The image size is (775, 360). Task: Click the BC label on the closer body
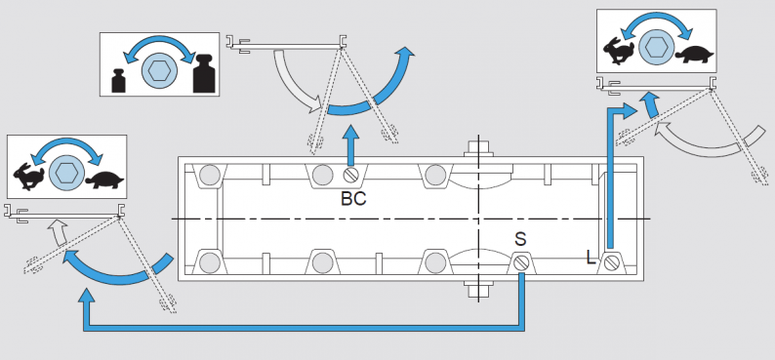click(x=353, y=198)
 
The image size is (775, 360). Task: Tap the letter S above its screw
click(x=520, y=239)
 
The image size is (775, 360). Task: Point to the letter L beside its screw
click(x=591, y=257)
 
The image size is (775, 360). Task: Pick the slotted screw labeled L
click(x=611, y=263)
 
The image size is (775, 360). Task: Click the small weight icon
click(x=118, y=81)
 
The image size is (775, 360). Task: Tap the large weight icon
click(x=204, y=73)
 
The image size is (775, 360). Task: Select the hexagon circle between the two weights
click(x=160, y=71)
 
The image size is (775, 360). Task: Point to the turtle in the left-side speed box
click(x=104, y=180)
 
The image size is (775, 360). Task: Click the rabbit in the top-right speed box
click(x=619, y=51)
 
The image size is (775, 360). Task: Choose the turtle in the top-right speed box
click(x=694, y=55)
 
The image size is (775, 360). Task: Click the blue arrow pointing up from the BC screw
click(x=350, y=145)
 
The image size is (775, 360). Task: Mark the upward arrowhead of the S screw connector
click(x=87, y=296)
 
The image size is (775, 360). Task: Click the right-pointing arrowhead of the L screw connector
click(x=630, y=110)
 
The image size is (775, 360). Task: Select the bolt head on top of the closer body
click(x=478, y=147)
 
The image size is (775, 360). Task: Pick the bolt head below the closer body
click(x=478, y=290)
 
